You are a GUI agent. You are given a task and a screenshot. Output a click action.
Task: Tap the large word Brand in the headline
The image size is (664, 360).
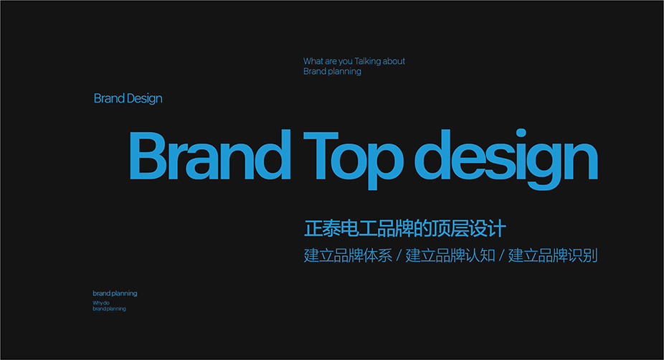[210, 155]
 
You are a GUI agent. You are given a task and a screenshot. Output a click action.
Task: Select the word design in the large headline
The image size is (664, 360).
[506, 158]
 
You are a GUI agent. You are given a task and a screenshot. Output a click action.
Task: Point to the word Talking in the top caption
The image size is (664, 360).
[368, 61]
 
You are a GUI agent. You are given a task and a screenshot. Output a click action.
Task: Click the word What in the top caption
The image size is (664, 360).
[313, 61]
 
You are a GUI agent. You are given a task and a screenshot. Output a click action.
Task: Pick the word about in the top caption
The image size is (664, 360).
[394, 61]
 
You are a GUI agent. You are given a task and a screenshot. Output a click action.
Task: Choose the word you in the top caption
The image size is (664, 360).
[345, 62]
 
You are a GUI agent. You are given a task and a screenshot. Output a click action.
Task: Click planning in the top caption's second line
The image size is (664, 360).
[344, 72]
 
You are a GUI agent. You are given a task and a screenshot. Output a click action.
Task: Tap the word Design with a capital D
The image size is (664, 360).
[144, 99]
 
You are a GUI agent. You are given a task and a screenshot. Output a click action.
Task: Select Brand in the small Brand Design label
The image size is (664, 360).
[109, 98]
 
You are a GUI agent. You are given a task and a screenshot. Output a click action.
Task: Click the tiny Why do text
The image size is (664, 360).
[101, 303]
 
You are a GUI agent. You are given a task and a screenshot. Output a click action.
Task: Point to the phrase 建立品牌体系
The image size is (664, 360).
[348, 255]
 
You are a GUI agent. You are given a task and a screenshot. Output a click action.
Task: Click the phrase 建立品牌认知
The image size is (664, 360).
[450, 255]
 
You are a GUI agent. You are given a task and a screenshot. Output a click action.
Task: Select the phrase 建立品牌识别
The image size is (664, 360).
[553, 255]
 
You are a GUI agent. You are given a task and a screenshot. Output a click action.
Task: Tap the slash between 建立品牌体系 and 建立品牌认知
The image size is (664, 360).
[399, 256]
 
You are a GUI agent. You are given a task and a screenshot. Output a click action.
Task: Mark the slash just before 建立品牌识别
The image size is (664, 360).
[501, 256]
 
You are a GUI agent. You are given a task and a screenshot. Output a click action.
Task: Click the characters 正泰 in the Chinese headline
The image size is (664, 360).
[323, 228]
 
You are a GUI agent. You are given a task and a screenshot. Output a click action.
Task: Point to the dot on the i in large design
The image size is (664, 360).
[521, 133]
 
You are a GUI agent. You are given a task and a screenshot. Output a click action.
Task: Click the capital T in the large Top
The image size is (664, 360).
[321, 156]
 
